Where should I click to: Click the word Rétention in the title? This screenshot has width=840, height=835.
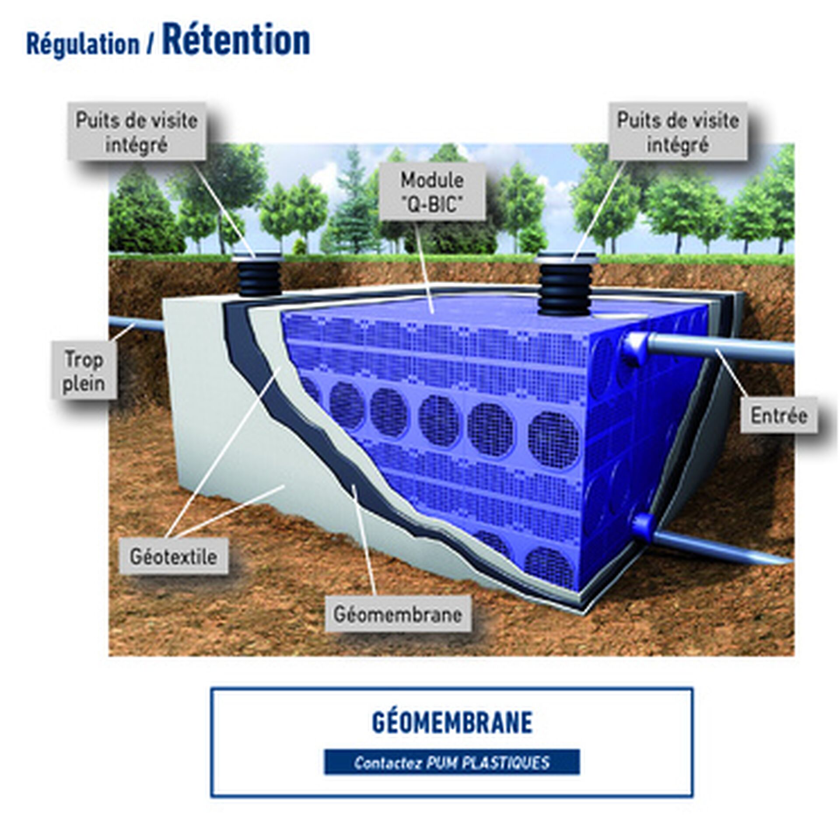236,40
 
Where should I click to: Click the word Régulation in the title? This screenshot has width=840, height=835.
82,45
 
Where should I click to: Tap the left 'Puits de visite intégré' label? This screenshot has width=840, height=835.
136,132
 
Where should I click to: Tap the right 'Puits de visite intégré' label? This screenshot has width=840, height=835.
677,132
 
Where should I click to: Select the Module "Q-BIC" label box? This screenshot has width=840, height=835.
432,192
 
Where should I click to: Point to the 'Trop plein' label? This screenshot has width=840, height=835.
84,371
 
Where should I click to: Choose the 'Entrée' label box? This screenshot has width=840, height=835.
778,415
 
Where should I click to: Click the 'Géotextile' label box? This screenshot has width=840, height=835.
173,556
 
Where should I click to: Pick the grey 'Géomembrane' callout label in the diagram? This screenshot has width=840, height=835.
397,614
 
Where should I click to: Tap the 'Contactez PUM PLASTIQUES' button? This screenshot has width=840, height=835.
451,762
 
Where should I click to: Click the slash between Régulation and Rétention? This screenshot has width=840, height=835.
151,45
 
